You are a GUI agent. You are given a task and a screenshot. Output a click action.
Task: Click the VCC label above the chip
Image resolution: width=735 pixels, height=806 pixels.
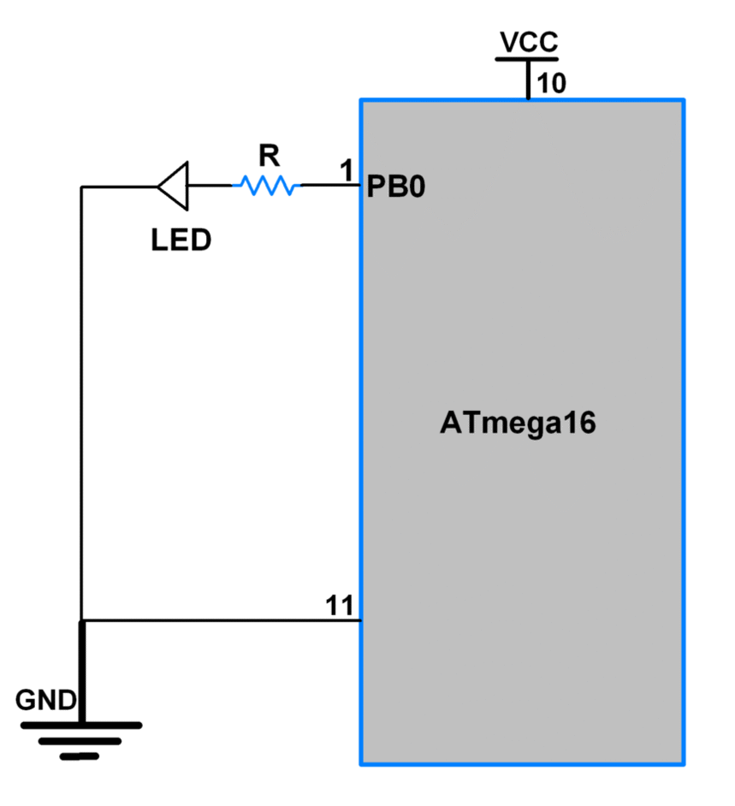528,42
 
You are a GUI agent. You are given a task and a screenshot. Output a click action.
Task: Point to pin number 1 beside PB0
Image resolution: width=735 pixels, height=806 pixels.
347,171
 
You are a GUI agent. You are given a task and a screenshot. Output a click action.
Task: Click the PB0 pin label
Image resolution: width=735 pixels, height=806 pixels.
395,187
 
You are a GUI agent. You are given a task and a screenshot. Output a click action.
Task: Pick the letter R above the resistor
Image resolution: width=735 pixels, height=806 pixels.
269,155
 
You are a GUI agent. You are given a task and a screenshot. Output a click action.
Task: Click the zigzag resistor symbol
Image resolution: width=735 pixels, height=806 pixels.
267,185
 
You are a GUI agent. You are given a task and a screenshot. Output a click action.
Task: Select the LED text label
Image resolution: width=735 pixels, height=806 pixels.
181,240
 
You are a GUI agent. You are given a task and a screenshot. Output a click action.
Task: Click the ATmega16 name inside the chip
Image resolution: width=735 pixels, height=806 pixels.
518,424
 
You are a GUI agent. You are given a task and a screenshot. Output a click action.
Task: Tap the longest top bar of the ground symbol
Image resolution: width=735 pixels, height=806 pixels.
81,726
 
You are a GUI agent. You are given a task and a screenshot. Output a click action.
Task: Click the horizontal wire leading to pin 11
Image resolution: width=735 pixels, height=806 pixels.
222,620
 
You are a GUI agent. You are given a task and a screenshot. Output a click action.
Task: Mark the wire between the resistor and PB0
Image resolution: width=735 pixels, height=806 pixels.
329,185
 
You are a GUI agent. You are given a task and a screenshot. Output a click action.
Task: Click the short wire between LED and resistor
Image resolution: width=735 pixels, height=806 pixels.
210,186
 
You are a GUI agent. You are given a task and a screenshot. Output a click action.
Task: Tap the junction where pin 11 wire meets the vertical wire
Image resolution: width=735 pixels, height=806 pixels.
82,620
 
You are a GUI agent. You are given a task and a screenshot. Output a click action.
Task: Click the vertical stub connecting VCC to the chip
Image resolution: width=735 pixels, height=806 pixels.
528,80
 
